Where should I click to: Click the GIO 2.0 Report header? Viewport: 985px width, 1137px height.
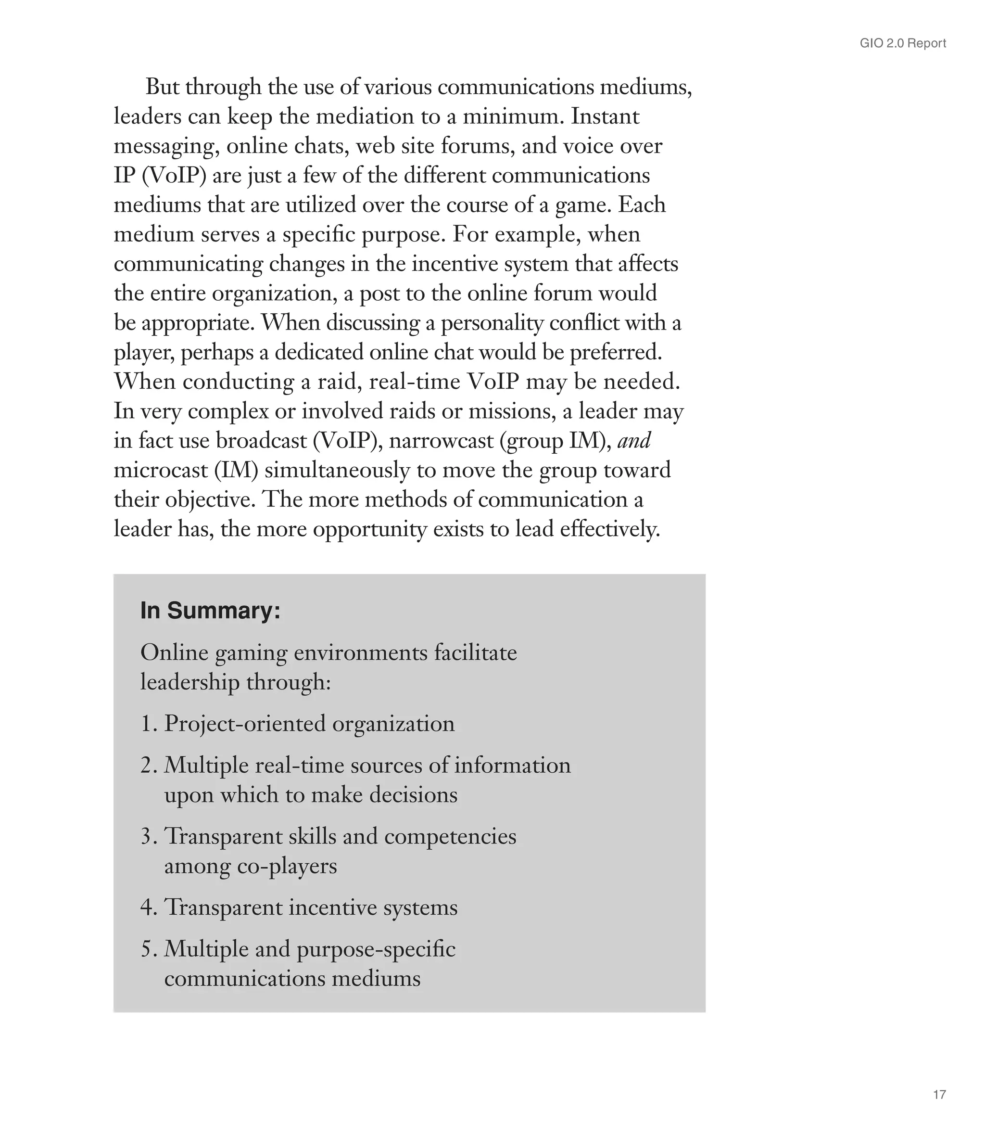point(903,43)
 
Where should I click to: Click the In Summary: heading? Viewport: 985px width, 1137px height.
point(210,611)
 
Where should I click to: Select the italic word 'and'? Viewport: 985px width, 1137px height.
point(634,440)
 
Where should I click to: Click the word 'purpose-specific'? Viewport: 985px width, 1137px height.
point(376,949)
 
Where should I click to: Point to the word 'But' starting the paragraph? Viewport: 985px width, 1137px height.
point(162,87)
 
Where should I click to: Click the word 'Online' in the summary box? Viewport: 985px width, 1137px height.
point(174,653)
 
